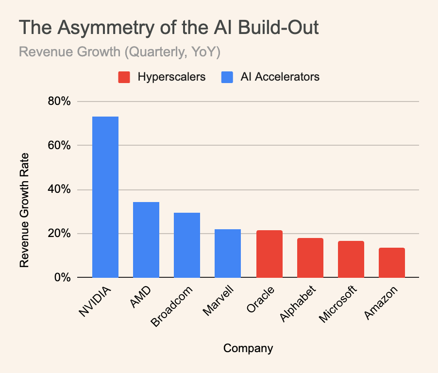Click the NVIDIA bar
pyautogui.click(x=105, y=197)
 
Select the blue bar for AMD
pyautogui.click(x=146, y=239)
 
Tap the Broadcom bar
pyautogui.click(x=187, y=245)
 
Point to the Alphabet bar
pyautogui.click(x=310, y=257)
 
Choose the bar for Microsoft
pyautogui.click(x=351, y=259)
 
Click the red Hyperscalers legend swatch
pyautogui.click(x=124, y=77)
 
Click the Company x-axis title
pyautogui.click(x=248, y=348)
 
